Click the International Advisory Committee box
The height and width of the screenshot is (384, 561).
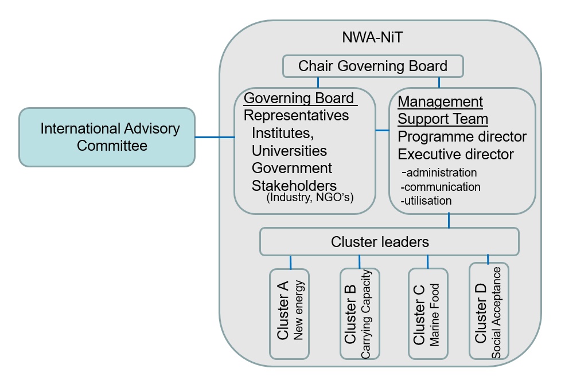pos(107,138)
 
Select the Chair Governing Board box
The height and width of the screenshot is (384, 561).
pos(373,66)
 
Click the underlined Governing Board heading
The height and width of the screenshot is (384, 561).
pos(299,98)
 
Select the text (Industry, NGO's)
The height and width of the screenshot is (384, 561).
pos(310,198)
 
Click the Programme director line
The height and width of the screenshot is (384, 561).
pos(462,137)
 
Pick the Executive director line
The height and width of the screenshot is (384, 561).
pos(455,155)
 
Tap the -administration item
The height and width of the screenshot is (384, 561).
pos(439,173)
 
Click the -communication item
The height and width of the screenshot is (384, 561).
pos(441,187)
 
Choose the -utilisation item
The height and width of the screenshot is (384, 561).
pos(427,201)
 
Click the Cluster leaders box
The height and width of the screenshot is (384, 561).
pos(389,242)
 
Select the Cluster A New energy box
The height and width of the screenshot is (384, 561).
pos(290,314)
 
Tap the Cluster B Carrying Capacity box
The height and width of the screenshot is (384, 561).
pos(359,314)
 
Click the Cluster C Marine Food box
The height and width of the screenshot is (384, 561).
pos(427,314)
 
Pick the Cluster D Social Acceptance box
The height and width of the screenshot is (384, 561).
pos(488,311)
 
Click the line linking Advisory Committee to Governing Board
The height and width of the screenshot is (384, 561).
pos(215,138)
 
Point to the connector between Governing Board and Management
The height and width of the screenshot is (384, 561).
pos(382,131)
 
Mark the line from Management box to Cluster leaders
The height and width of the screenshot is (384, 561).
pos(449,221)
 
